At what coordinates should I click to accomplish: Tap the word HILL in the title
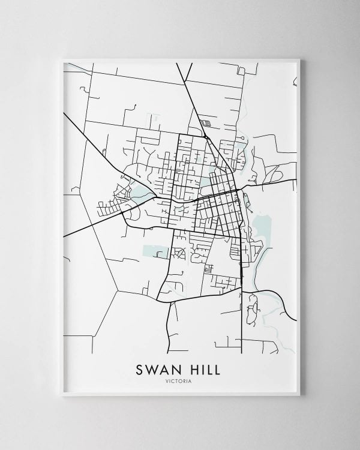(202, 367)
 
